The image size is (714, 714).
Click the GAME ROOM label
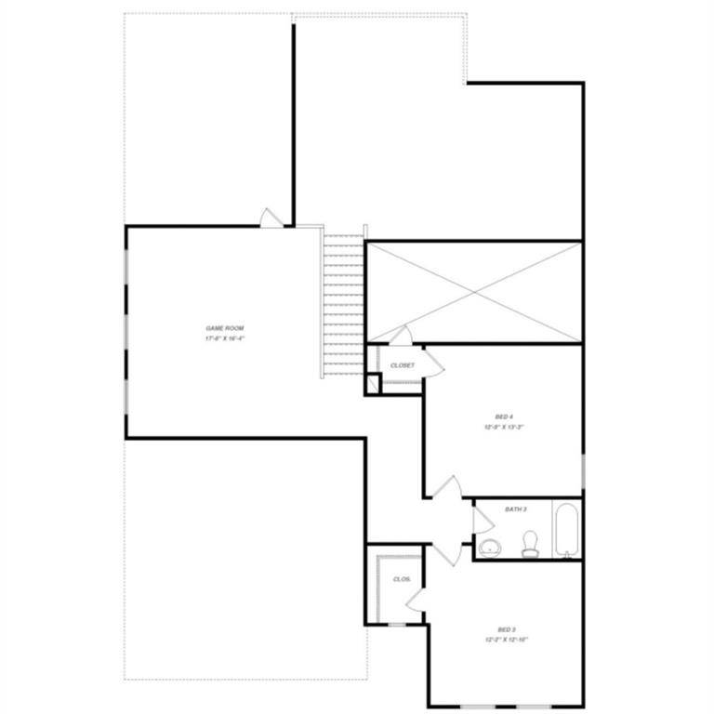(224, 329)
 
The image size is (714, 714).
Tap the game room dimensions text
(224, 339)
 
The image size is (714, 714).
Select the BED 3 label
(506, 629)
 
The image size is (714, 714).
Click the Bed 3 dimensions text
(506, 641)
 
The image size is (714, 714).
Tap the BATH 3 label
(516, 509)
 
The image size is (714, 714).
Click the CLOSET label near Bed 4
(403, 365)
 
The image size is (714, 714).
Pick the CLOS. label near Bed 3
(402, 579)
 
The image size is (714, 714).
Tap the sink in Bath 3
(489, 546)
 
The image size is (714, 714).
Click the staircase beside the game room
(342, 302)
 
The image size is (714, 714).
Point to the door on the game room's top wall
(269, 218)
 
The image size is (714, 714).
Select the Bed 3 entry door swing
(444, 552)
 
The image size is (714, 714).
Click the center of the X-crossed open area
(474, 292)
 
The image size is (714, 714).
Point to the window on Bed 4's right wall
(583, 469)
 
